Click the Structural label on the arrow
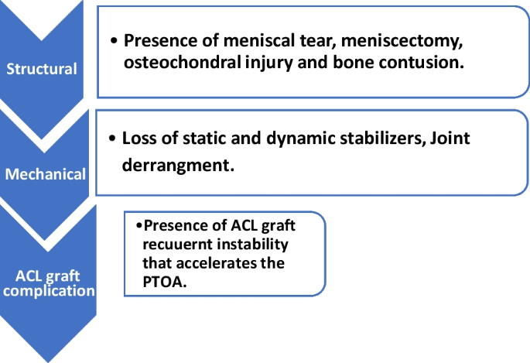42,69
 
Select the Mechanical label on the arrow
46,173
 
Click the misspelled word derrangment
178,165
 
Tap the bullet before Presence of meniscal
115,41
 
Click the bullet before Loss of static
115,139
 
